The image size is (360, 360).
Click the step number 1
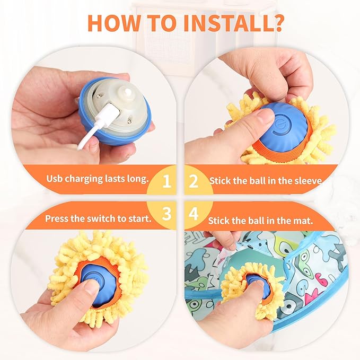pos(166,181)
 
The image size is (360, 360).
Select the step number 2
pos(194,181)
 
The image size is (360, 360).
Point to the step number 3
pos(166,214)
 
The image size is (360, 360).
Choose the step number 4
pos(194,214)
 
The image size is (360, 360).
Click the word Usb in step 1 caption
pos(55,178)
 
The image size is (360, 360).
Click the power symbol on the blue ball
pos(282,126)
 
